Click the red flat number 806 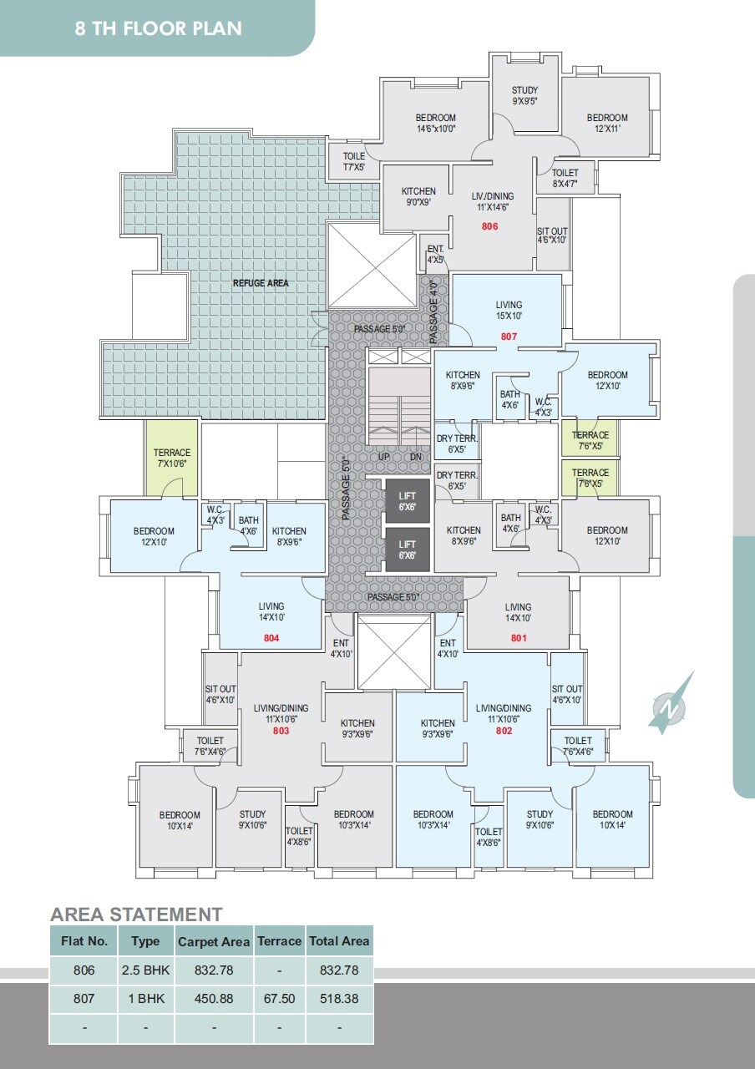tap(489, 226)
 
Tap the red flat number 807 tap(509, 337)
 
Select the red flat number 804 tap(271, 638)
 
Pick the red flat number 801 tap(519, 639)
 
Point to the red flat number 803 tap(281, 731)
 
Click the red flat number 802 tap(504, 731)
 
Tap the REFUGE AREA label tap(261, 283)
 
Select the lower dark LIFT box tap(407, 550)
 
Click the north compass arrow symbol tap(671, 704)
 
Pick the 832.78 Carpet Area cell tap(214, 970)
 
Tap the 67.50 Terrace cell tap(279, 998)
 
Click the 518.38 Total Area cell tap(339, 998)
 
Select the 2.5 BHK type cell tap(145, 970)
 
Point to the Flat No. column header tap(84, 941)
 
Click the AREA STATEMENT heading tap(136, 914)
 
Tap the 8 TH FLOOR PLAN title tap(158, 28)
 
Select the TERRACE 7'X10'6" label tap(172, 459)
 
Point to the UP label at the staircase tap(384, 457)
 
